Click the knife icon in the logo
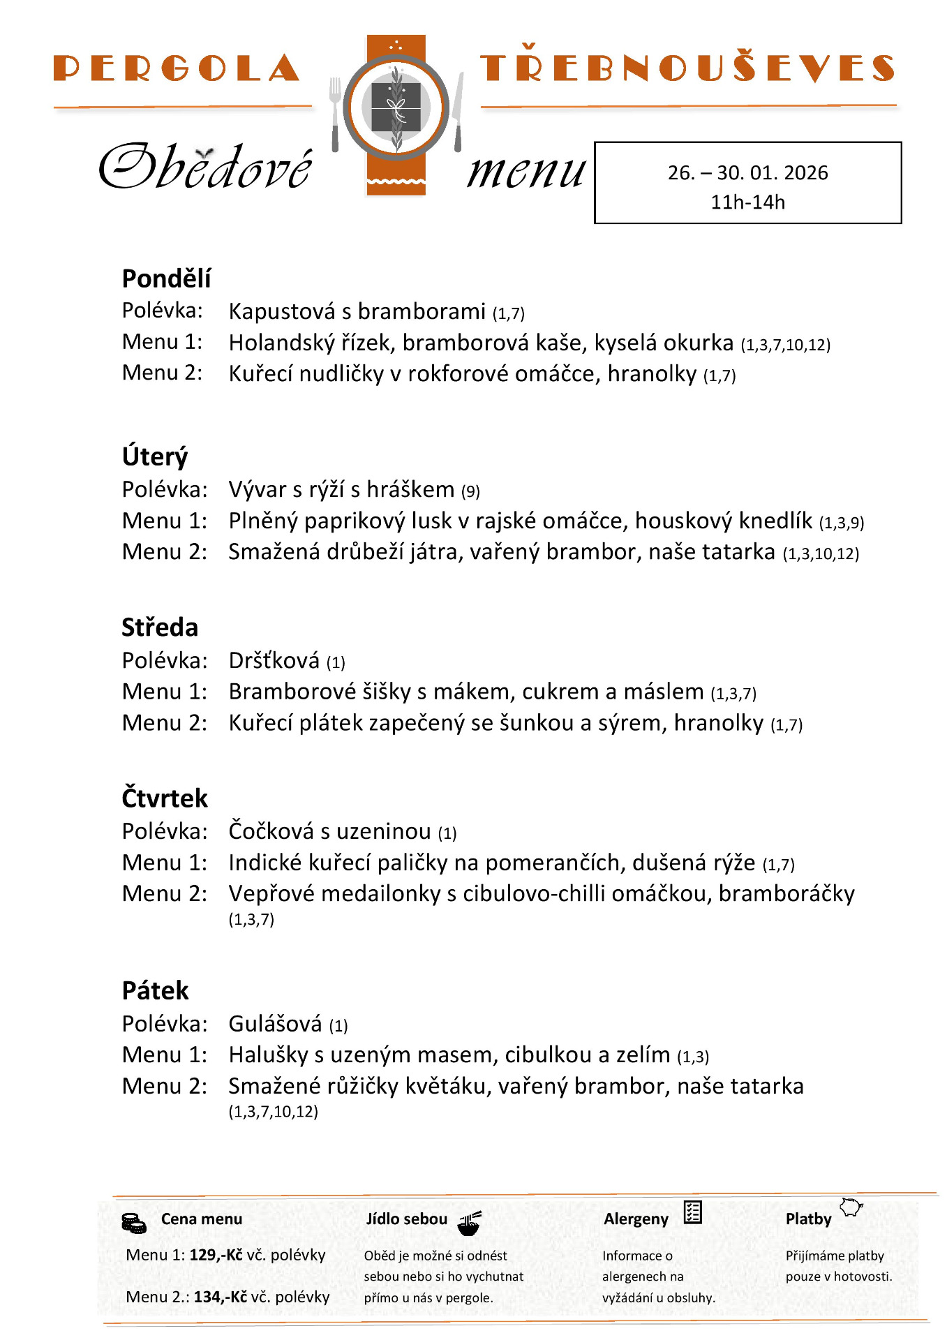pyautogui.click(x=458, y=112)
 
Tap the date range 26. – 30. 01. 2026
pyautogui.click(x=747, y=172)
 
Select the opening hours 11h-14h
pyautogui.click(x=747, y=202)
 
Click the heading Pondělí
pyautogui.click(x=166, y=278)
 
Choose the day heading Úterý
pyautogui.click(x=155, y=457)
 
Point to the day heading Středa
pyautogui.click(x=160, y=627)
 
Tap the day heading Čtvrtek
pyautogui.click(x=165, y=798)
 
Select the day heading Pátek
pyautogui.click(x=155, y=991)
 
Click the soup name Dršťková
pyautogui.click(x=274, y=660)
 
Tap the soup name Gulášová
pyautogui.click(x=275, y=1024)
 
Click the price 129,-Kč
pyautogui.click(x=216, y=1255)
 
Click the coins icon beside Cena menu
pyautogui.click(x=133, y=1223)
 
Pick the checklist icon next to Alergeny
pyautogui.click(x=692, y=1212)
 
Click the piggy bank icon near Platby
pyautogui.click(x=851, y=1207)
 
